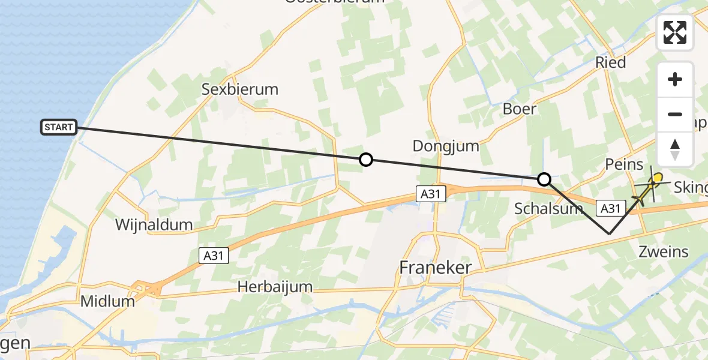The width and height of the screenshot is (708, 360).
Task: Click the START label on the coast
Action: click(59, 127)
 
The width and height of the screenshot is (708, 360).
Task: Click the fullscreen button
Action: click(675, 32)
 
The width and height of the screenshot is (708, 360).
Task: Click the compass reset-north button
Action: click(675, 149)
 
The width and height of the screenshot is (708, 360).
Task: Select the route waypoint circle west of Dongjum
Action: click(365, 160)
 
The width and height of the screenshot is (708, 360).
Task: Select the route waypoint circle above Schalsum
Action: click(544, 179)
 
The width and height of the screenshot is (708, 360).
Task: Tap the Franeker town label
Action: click(436, 268)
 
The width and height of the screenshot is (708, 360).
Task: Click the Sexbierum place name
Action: click(240, 89)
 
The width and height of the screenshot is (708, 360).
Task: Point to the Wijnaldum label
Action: click(155, 226)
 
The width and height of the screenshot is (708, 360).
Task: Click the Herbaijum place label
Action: click(275, 287)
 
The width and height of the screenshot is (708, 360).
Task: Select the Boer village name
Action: click(520, 109)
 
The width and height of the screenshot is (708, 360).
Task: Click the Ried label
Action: click(610, 62)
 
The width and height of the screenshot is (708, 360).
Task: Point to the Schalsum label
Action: click(548, 209)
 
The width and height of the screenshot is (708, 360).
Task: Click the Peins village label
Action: click(624, 164)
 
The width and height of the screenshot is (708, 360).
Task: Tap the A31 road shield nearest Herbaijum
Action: click(212, 256)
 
